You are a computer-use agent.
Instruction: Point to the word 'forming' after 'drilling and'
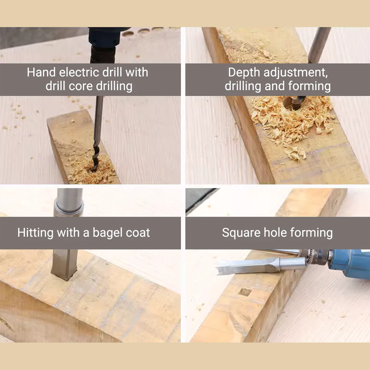click(x=310, y=86)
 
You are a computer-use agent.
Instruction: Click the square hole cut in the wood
click(x=245, y=292)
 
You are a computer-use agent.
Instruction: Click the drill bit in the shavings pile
click(x=293, y=102)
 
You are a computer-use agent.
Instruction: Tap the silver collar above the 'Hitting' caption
click(x=69, y=208)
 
